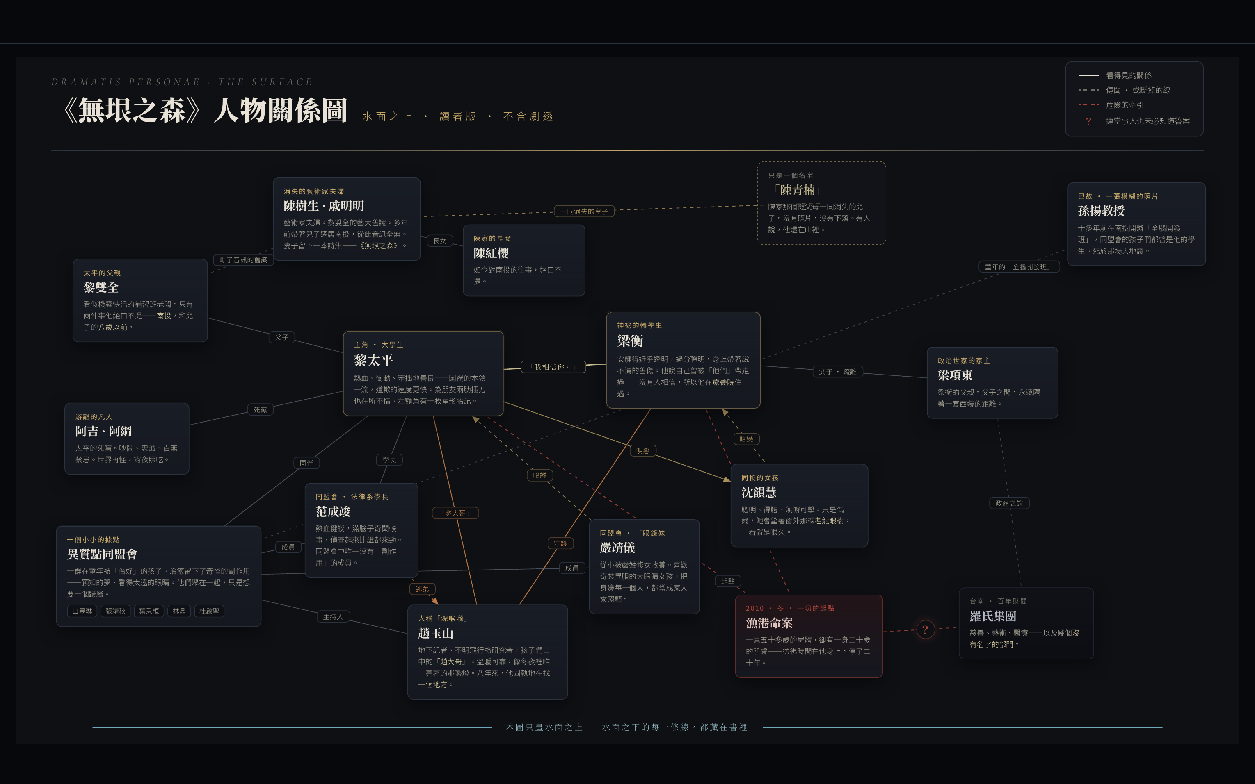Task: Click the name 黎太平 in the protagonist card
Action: pyautogui.click(x=373, y=360)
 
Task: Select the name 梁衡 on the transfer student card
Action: pyautogui.click(x=630, y=341)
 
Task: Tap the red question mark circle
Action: pyautogui.click(x=924, y=629)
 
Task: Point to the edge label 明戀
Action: pyautogui.click(x=642, y=450)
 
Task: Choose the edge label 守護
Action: pyautogui.click(x=560, y=543)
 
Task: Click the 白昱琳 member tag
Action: pyautogui.click(x=82, y=611)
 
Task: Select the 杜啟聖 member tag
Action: pyautogui.click(x=209, y=611)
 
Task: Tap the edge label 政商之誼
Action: pyautogui.click(x=1009, y=503)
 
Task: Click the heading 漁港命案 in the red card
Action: pyautogui.click(x=769, y=623)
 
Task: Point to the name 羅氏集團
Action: pyautogui.click(x=993, y=616)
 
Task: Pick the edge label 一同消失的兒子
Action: pyautogui.click(x=584, y=211)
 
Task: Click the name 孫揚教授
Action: pyautogui.click(x=1102, y=211)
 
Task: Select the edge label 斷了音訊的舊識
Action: pyautogui.click(x=243, y=259)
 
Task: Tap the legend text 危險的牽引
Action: pyautogui.click(x=1125, y=105)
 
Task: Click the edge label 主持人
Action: pyautogui.click(x=333, y=616)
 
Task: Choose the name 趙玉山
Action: pyautogui.click(x=435, y=633)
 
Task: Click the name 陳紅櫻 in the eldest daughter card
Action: pyautogui.click(x=491, y=253)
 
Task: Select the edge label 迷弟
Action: pyautogui.click(x=422, y=589)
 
